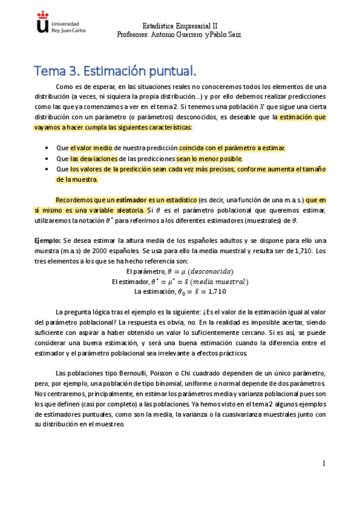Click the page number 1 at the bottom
click(x=323, y=463)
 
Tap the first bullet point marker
click(x=47, y=148)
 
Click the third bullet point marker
click(x=47, y=170)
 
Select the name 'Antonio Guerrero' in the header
click(x=174, y=34)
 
